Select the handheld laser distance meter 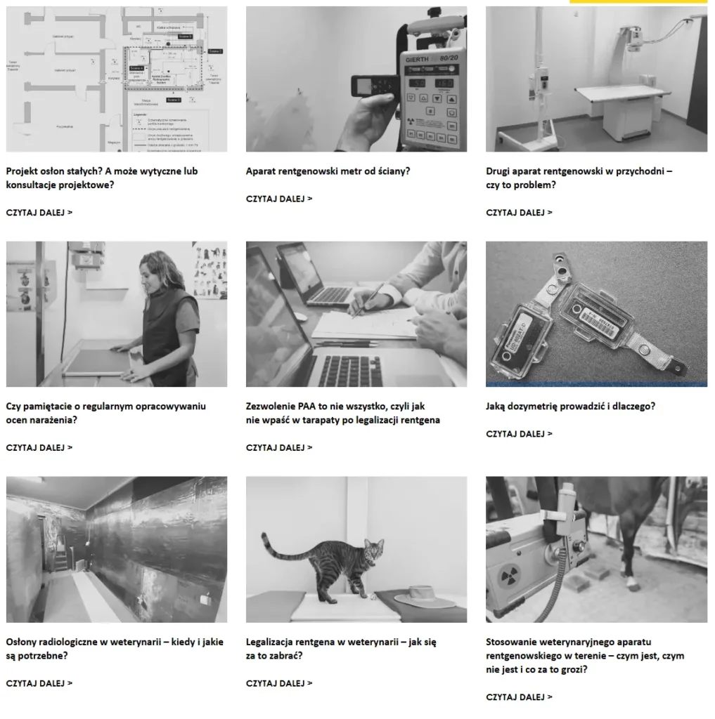[x=373, y=86]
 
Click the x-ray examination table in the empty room [x=621, y=98]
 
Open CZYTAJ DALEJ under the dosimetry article [x=519, y=434]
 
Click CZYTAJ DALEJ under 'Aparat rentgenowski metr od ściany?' [x=279, y=199]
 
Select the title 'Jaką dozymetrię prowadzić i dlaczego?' [x=569, y=406]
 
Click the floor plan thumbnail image [x=117, y=79]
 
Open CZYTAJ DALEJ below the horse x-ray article [x=519, y=697]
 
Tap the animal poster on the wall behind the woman [x=210, y=270]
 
